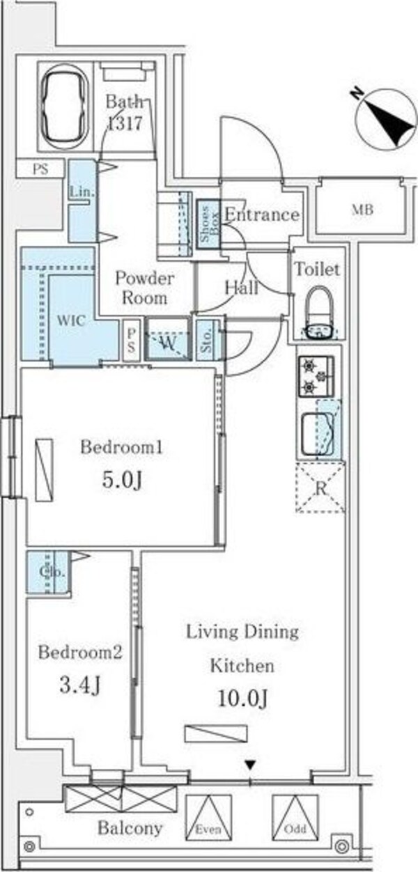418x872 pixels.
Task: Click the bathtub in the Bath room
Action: pyautogui.click(x=65, y=106)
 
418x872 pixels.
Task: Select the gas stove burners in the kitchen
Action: pyautogui.click(x=316, y=376)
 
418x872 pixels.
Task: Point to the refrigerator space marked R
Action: pyautogui.click(x=320, y=487)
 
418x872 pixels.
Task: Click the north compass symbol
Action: pyautogui.click(x=386, y=118)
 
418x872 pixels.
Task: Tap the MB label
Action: pyautogui.click(x=362, y=210)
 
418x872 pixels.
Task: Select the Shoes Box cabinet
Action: pyautogui.click(x=208, y=225)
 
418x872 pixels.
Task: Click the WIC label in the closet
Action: pyautogui.click(x=71, y=321)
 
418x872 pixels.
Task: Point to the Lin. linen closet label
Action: pyautogui.click(x=82, y=192)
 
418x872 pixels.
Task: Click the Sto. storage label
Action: pyautogui.click(x=206, y=341)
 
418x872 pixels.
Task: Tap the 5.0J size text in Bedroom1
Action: pyautogui.click(x=121, y=481)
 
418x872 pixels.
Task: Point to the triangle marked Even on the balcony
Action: pyautogui.click(x=208, y=818)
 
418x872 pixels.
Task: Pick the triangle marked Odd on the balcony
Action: pyautogui.click(x=295, y=818)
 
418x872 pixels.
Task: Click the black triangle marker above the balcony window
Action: pyautogui.click(x=250, y=765)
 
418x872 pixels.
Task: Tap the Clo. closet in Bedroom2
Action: pyautogui.click(x=47, y=572)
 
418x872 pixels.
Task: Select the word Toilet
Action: pyautogui.click(x=317, y=269)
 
